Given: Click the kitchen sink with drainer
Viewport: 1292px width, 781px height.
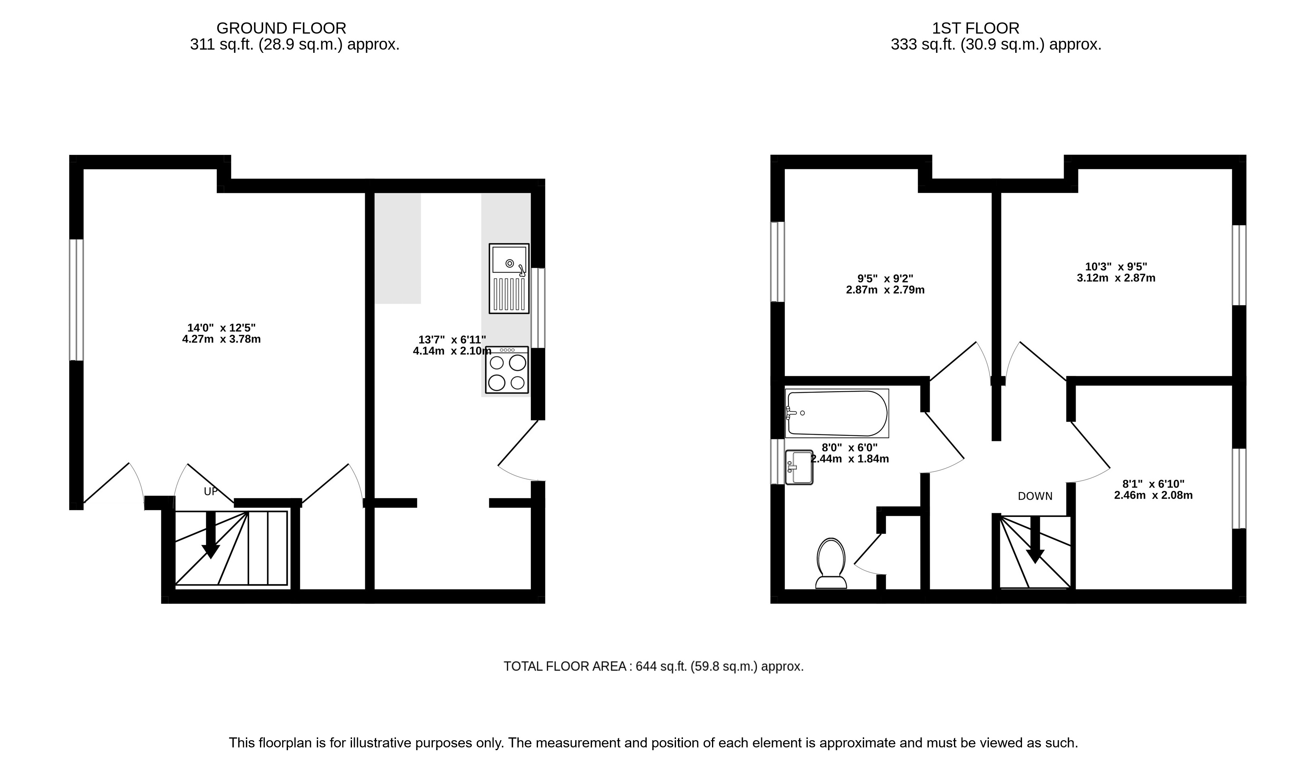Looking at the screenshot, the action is point(509,278).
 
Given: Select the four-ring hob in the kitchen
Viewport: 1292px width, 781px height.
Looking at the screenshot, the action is point(506,370).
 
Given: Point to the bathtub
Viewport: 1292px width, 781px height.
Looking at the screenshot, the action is point(837,413).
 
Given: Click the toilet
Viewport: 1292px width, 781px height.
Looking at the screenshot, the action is point(831,563).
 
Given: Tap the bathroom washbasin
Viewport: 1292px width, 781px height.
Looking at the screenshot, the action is point(799,467).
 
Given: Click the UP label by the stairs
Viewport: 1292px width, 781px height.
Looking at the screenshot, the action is point(211,491).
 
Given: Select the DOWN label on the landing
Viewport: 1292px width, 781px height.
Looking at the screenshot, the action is point(1035,496).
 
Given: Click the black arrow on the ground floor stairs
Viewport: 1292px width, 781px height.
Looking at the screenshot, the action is point(211,535).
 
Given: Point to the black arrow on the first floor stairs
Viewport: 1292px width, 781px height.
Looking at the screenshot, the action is point(1035,540).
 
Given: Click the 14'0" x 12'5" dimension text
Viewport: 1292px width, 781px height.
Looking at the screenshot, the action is point(221,328).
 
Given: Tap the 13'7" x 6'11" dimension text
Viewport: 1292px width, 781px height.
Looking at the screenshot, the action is point(452,340).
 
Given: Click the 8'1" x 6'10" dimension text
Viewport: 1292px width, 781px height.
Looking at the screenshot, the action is point(1153,484).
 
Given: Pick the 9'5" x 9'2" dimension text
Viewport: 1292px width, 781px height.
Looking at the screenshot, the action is point(885,278).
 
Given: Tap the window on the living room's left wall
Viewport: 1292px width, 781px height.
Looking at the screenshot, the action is point(76,300).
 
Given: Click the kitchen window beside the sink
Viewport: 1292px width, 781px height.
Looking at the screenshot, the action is point(538,308).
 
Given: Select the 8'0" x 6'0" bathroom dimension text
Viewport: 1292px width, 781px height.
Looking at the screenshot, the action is point(850,447).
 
